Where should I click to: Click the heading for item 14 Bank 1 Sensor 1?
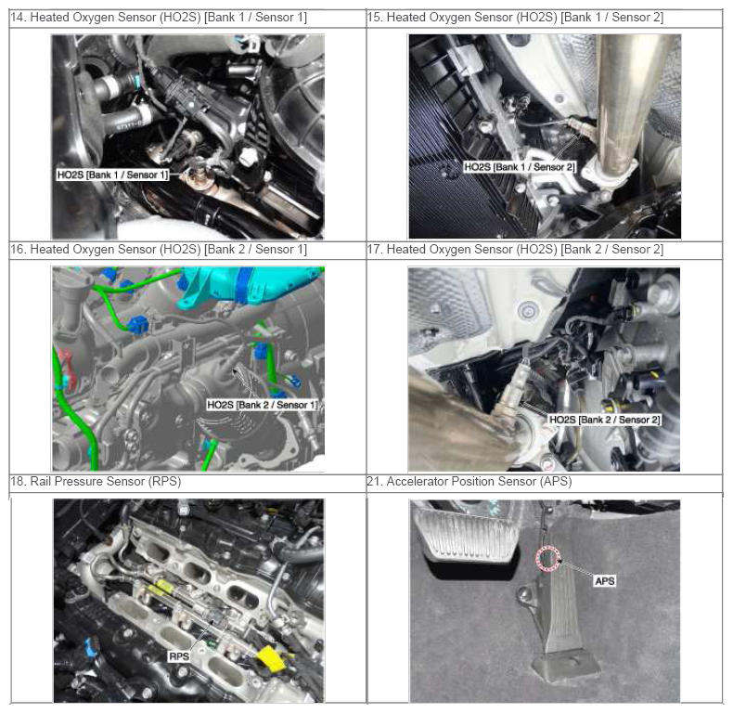[x=159, y=18]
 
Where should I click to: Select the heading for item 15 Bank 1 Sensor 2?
[x=515, y=18]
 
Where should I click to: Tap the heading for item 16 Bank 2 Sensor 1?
[x=159, y=250]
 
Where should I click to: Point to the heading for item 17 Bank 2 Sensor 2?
[x=515, y=250]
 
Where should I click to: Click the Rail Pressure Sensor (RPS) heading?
[x=96, y=482]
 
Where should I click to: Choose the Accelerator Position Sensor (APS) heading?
[x=469, y=482]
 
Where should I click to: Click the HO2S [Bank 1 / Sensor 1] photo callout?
[x=112, y=175]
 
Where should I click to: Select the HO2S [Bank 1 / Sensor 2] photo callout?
[x=520, y=167]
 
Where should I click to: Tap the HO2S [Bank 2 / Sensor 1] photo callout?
[x=263, y=405]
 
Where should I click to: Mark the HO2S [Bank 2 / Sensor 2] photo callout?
[x=605, y=420]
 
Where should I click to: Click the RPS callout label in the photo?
[x=179, y=656]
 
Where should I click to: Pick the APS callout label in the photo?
[x=605, y=581]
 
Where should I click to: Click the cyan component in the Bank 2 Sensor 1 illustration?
[x=252, y=285]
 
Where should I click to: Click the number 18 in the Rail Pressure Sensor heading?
[x=18, y=482]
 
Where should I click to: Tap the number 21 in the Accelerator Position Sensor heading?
[x=375, y=482]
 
